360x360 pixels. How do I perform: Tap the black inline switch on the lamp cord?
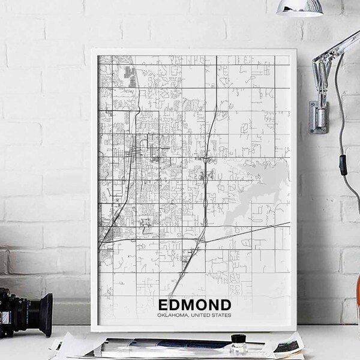(343, 163)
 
